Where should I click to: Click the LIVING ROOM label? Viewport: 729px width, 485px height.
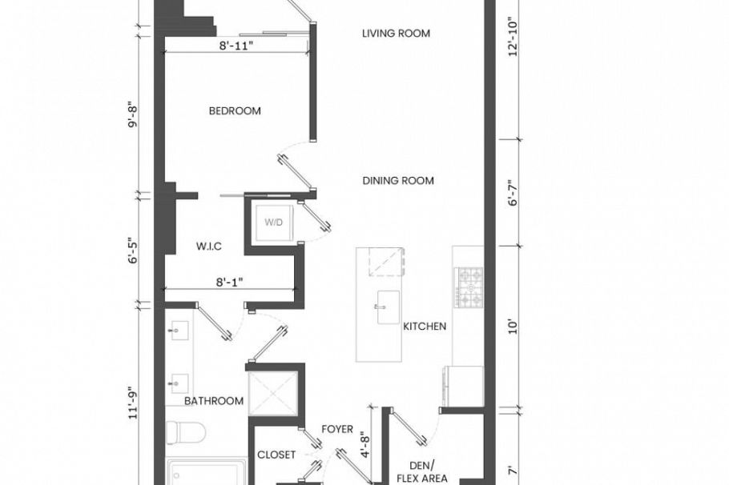[396, 34]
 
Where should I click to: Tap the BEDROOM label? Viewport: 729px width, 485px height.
[235, 111]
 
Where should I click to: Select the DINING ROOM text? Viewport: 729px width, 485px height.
[398, 181]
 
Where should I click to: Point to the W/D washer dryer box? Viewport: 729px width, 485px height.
[274, 222]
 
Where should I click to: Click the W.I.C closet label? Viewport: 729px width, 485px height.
[209, 247]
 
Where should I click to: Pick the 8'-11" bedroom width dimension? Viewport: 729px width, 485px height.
[236, 46]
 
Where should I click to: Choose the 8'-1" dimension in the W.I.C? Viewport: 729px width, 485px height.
[230, 282]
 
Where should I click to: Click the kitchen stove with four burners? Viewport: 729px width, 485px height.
[469, 287]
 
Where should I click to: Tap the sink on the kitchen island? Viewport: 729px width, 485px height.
[388, 307]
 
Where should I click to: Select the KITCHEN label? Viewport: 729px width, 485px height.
[425, 327]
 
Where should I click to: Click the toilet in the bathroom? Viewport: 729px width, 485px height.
[186, 432]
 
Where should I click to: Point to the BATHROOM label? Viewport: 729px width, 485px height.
[214, 401]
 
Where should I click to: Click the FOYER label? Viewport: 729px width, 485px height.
[337, 429]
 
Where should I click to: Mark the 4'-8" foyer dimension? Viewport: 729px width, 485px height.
[365, 445]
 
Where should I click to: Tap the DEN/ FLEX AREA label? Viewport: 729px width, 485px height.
[422, 471]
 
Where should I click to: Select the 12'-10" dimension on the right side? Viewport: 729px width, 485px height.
[513, 37]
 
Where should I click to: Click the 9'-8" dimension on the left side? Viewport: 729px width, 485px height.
[134, 114]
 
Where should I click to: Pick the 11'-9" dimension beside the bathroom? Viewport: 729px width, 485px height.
[134, 403]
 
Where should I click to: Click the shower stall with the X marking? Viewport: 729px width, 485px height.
[273, 393]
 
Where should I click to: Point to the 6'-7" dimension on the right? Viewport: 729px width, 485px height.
[513, 193]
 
